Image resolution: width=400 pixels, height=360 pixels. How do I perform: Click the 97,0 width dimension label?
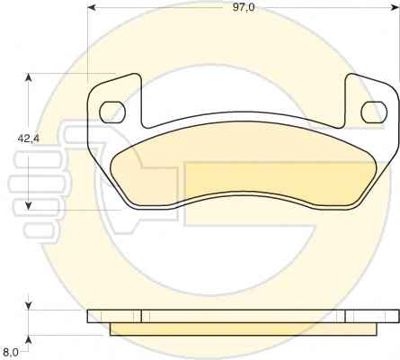click(244, 7)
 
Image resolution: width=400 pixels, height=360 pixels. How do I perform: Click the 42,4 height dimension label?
click(29, 139)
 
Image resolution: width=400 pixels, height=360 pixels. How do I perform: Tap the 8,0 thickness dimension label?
click(11, 351)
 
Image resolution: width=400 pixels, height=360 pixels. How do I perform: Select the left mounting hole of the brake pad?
click(112, 112)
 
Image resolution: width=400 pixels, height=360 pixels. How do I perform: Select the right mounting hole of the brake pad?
click(374, 112)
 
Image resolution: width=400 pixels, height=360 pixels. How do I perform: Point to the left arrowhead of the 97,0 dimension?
click(91, 7)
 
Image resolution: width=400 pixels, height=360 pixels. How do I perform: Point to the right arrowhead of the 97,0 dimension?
click(396, 7)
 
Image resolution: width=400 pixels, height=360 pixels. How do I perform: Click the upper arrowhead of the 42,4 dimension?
click(28, 78)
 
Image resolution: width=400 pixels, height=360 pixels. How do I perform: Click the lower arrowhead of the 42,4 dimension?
click(28, 205)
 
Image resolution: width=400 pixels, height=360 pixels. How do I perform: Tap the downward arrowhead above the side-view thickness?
click(28, 305)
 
